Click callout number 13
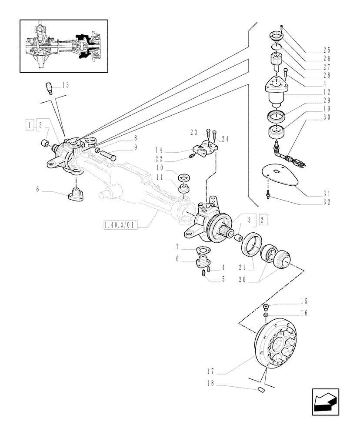65,85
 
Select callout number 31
327,194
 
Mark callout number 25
327,50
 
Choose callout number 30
327,117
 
